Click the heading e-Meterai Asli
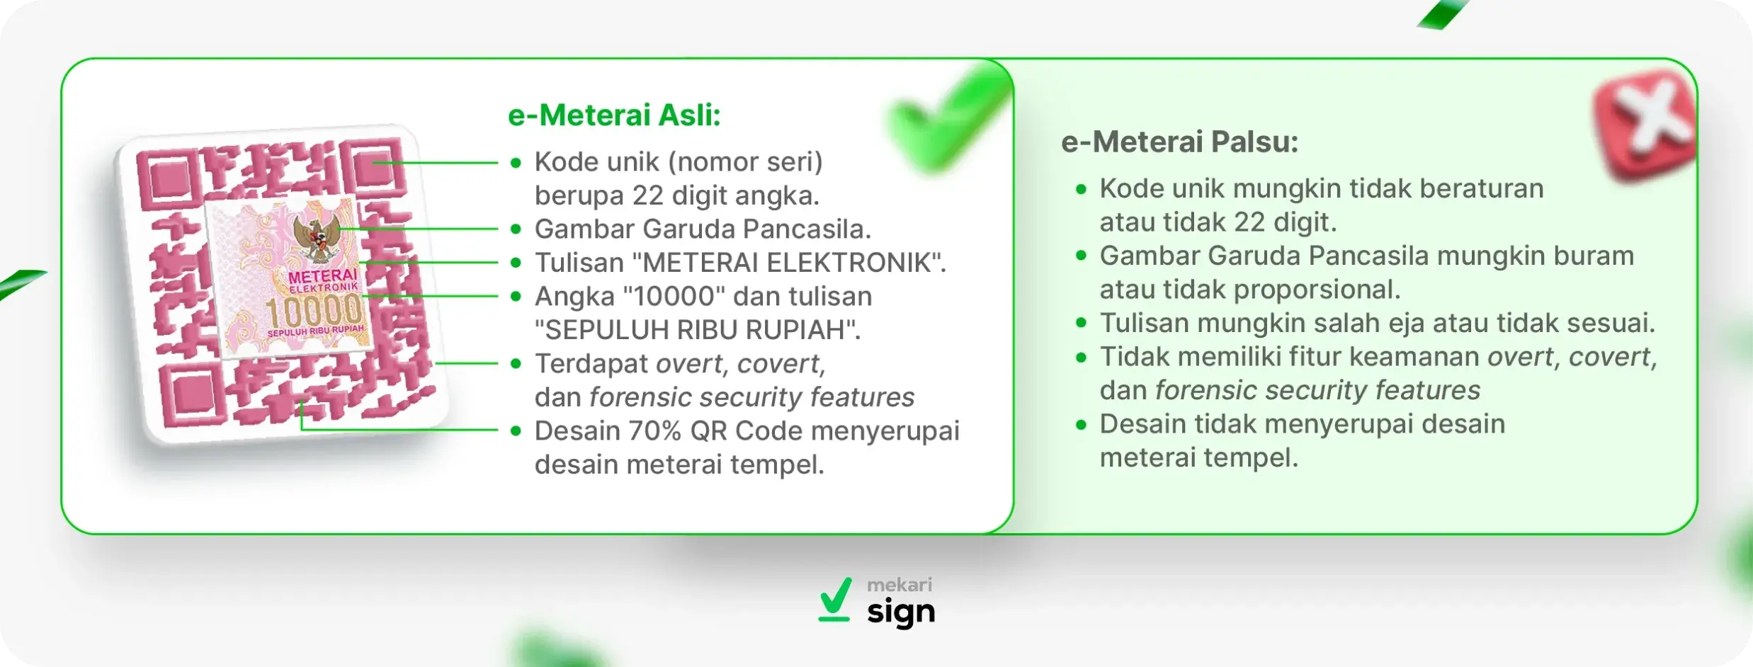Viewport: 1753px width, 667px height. click(x=613, y=115)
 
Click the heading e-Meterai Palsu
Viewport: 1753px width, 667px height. click(x=1179, y=142)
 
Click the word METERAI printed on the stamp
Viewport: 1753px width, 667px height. click(x=322, y=276)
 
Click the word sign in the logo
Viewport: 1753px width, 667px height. click(x=900, y=612)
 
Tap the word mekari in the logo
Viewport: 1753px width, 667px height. click(x=900, y=585)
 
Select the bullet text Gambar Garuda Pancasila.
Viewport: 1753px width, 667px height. click(x=702, y=229)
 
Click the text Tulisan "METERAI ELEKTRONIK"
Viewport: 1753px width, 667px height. click(x=739, y=263)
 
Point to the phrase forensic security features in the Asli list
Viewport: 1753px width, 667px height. click(x=751, y=397)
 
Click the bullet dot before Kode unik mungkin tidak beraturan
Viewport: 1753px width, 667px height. click(x=1080, y=189)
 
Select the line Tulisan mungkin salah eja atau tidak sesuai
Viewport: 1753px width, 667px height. click(x=1376, y=323)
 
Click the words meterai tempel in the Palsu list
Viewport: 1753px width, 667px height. click(x=1198, y=457)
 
